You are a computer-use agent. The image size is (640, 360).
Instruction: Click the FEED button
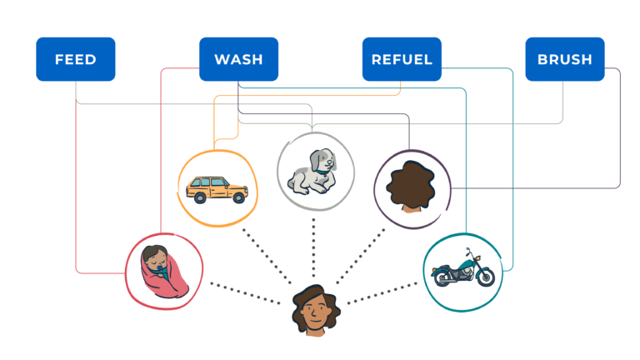[x=75, y=59]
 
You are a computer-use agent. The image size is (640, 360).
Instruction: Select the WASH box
[x=238, y=59]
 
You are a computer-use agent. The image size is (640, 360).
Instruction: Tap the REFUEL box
[x=402, y=59]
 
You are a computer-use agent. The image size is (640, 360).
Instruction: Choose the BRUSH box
[x=565, y=59]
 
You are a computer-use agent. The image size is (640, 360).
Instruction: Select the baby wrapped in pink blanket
[x=163, y=270]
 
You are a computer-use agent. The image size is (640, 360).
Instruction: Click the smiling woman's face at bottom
[x=315, y=313]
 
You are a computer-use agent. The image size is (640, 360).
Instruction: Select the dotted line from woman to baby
[x=246, y=291]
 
